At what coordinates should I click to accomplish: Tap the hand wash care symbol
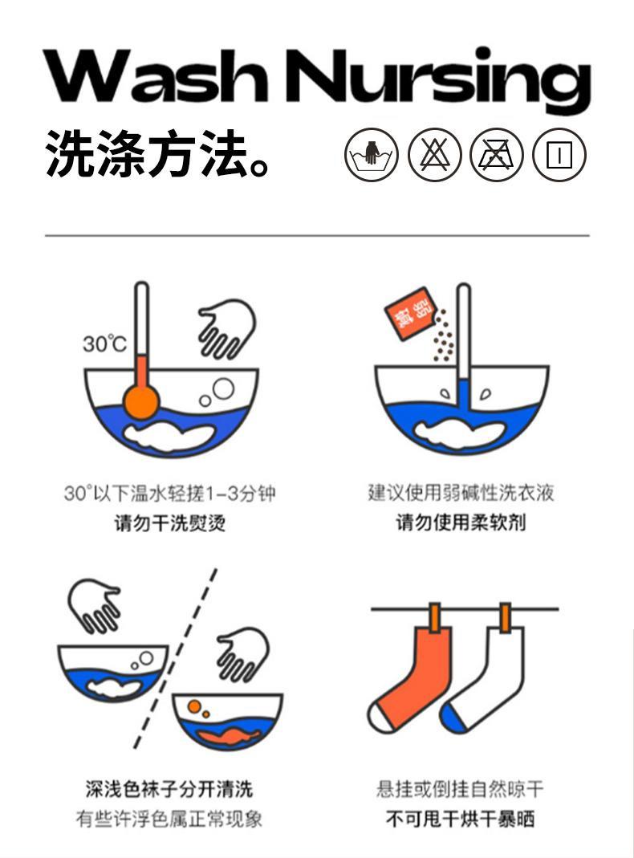pos(372,153)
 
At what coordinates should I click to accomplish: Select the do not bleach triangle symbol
pos(434,153)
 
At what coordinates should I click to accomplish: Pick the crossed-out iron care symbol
pos(497,153)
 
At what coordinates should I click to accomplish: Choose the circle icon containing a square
pos(559,153)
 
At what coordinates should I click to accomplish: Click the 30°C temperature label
pos(104,344)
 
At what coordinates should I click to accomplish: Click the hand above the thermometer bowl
pos(227,327)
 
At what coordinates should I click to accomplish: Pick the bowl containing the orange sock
pos(228,719)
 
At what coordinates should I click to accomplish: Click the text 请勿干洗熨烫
pos(169,523)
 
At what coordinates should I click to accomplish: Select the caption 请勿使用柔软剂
pos(461,523)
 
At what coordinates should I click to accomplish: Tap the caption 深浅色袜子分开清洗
pos(169,789)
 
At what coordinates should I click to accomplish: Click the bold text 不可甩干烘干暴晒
pos(461,819)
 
